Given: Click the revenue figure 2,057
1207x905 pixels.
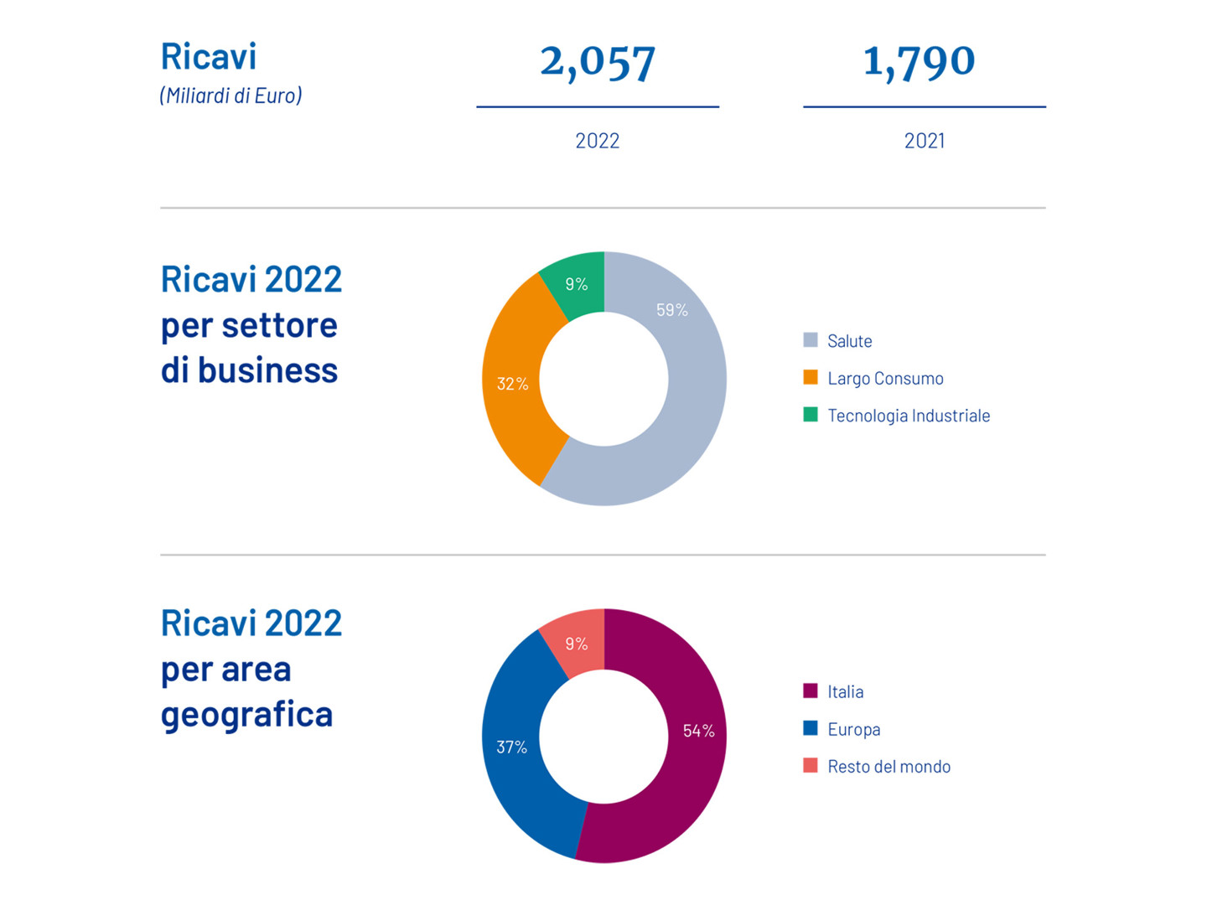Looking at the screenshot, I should (x=597, y=63).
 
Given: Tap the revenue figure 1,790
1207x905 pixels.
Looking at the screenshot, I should (x=919, y=62).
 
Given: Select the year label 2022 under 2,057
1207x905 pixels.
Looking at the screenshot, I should (x=597, y=141).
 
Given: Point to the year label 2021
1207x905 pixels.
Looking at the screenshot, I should (x=924, y=141).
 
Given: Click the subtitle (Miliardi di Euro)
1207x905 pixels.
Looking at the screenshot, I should (x=231, y=96).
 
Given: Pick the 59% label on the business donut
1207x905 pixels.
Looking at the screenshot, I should (x=671, y=310).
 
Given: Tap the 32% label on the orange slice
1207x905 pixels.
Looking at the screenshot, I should (x=512, y=384).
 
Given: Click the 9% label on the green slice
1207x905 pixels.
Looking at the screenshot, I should (x=576, y=284).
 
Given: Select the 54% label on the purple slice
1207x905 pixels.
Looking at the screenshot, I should (x=698, y=731).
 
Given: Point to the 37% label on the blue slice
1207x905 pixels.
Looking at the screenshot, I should (x=511, y=747).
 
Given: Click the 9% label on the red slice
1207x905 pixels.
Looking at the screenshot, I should (x=576, y=644).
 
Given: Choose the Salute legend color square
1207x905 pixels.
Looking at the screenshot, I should (x=811, y=340).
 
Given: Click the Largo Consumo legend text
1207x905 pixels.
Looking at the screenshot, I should (x=885, y=378).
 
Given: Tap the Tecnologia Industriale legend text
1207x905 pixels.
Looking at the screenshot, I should (x=909, y=416).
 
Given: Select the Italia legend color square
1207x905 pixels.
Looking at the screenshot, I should (x=811, y=691).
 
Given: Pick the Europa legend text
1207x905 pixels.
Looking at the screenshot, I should (x=853, y=729).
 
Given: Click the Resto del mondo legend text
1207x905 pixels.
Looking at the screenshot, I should (x=888, y=766).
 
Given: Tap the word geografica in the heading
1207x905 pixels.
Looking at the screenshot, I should (x=246, y=715).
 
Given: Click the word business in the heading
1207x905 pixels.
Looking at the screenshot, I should (x=267, y=370).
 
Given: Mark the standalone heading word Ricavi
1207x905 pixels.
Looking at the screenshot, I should (x=208, y=56).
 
